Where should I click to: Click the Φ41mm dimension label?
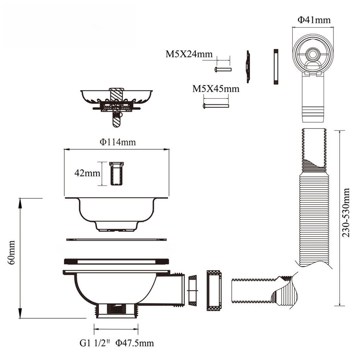314,20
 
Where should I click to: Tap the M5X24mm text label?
189,54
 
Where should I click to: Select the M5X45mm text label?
215,89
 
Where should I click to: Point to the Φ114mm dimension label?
118,142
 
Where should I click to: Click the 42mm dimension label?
87,173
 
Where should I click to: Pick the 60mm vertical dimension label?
12,253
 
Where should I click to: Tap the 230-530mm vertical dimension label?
346,212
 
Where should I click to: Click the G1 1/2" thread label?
95,343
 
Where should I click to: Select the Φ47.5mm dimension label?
135,343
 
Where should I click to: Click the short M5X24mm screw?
223,69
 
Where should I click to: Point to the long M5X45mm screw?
216,106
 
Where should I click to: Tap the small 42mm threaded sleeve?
116,174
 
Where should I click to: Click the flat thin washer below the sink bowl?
117,239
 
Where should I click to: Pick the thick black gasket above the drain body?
117,261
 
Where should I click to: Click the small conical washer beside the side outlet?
193,290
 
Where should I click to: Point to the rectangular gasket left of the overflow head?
276,67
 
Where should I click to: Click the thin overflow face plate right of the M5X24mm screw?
248,66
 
